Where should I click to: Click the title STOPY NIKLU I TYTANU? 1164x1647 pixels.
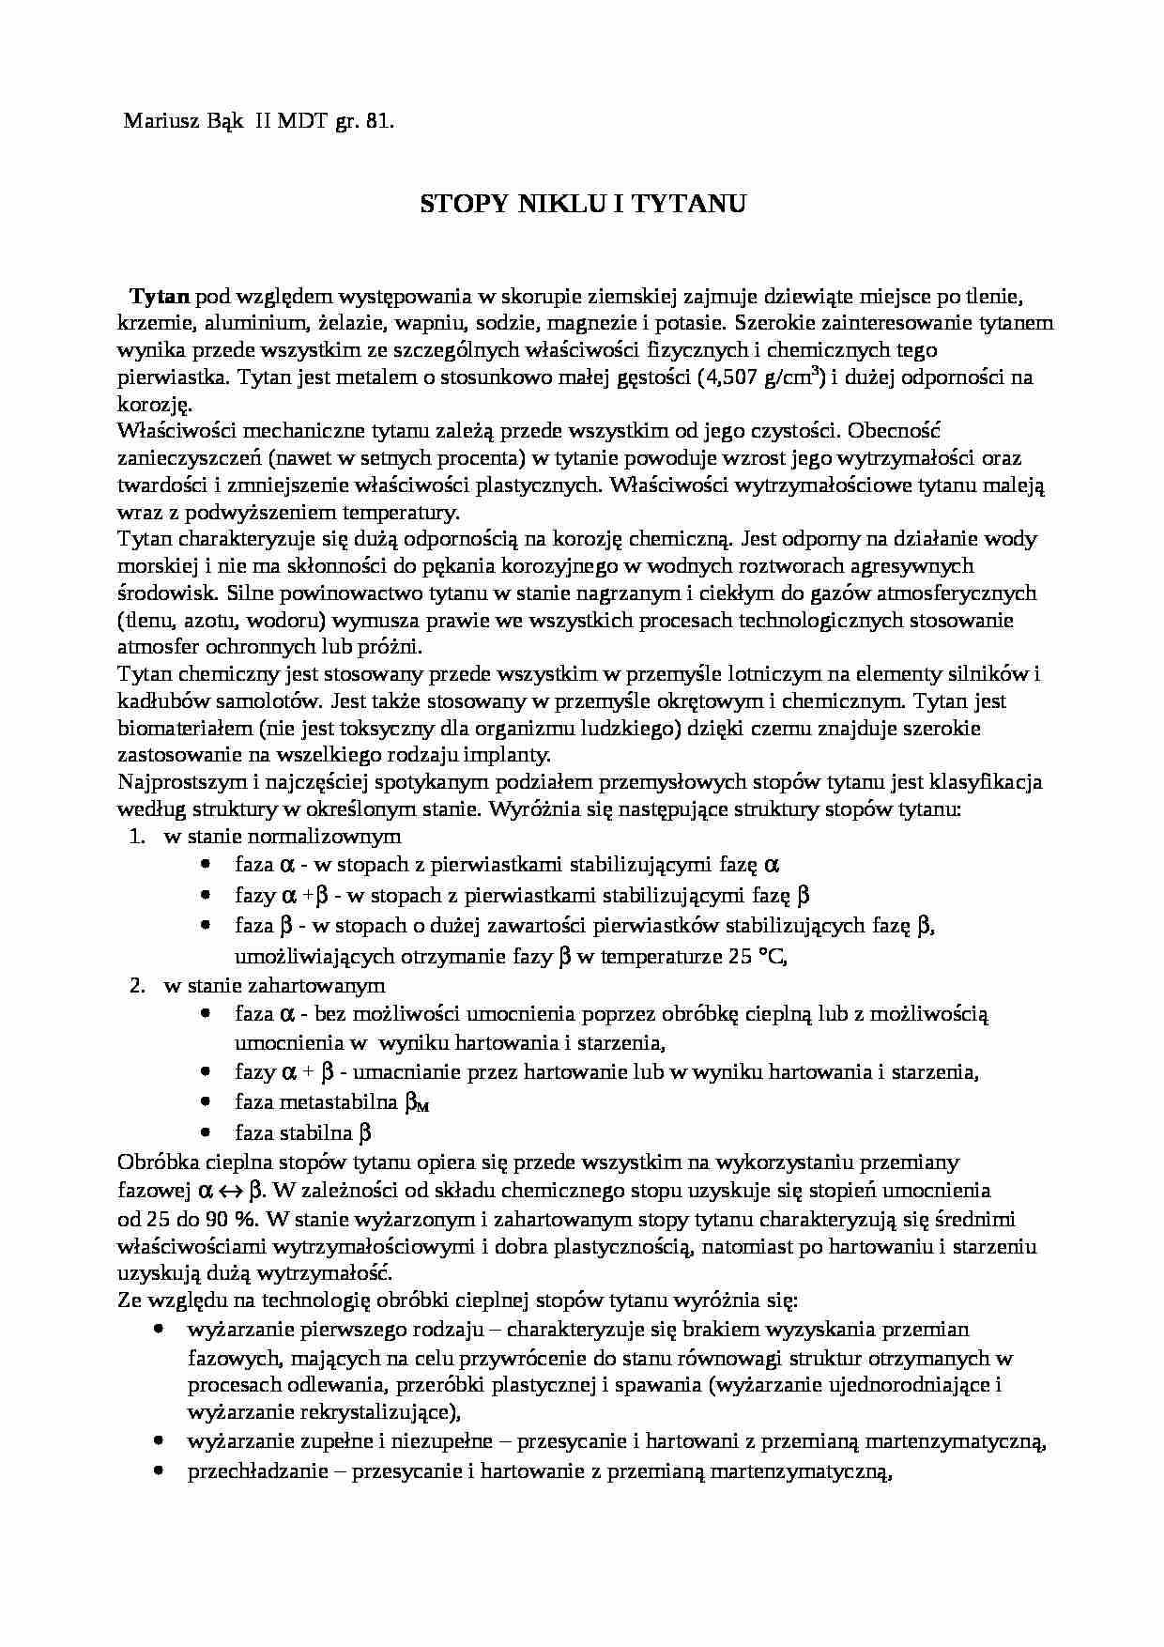point(582,204)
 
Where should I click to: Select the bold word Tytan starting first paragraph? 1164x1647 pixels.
point(160,297)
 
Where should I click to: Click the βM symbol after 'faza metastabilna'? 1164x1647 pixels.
point(416,1103)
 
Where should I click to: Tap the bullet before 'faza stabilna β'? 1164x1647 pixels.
point(206,1132)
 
